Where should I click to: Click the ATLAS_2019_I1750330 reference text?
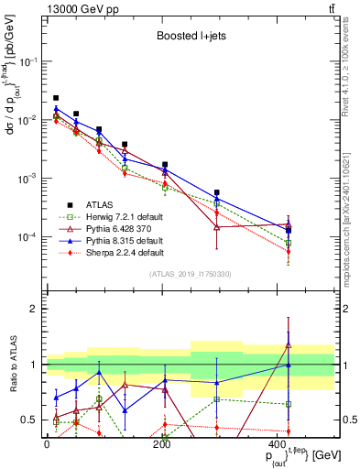coord(189,273)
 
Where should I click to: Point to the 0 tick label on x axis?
coord(47,443)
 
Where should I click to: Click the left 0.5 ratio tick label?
coord(32,420)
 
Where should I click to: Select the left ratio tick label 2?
coord(37,309)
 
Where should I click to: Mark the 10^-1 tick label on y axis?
coord(27,61)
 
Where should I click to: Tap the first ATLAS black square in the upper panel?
coord(56,98)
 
